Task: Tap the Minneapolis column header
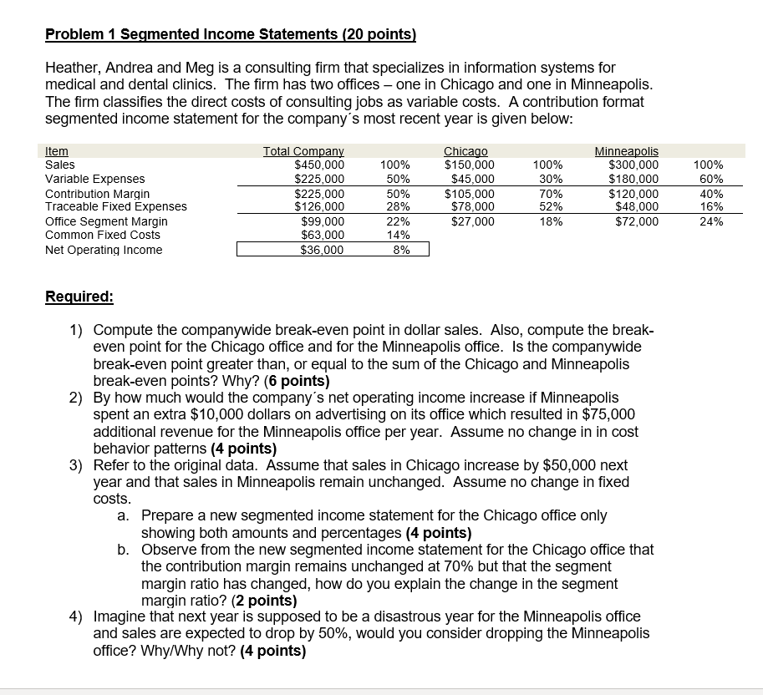pos(626,151)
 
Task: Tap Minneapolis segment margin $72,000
pos(636,221)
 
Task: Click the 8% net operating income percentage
pos(401,250)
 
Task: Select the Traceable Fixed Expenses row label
pos(115,206)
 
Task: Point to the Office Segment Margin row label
pos(106,221)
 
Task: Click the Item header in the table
pos(57,151)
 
